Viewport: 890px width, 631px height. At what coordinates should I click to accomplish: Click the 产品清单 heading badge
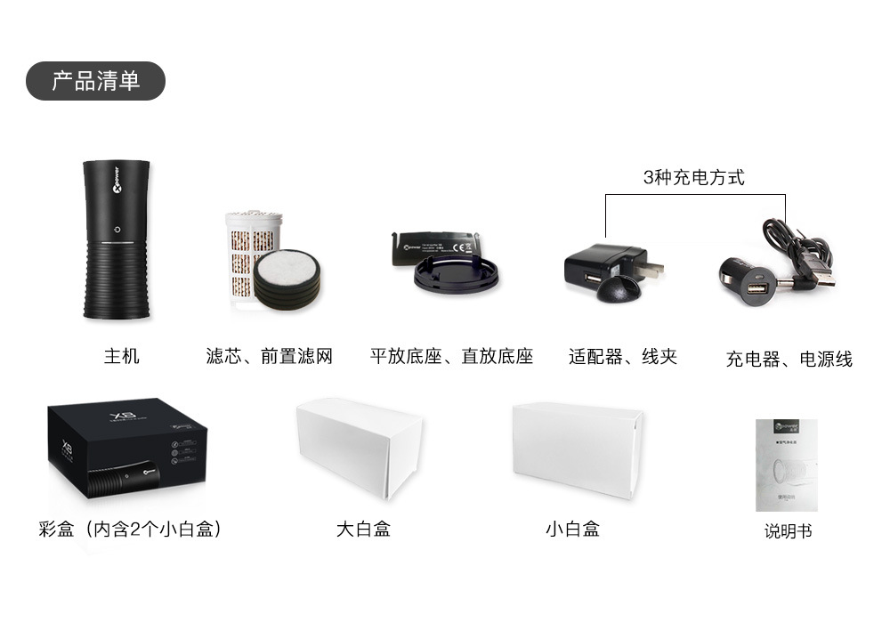tap(95, 81)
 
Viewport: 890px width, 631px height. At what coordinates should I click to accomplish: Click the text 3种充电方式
tap(694, 177)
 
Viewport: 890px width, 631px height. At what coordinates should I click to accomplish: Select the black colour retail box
tap(125, 452)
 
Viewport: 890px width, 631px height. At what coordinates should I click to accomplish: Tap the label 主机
tap(122, 356)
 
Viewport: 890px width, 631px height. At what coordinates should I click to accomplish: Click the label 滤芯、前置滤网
tap(269, 356)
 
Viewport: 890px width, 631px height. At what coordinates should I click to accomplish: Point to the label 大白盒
tap(363, 529)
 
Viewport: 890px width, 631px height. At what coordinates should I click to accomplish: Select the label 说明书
tap(788, 531)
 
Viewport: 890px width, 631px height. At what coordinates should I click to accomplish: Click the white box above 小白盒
tap(577, 449)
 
